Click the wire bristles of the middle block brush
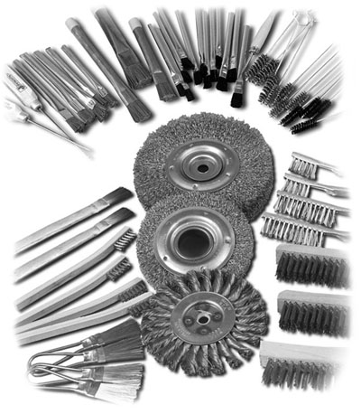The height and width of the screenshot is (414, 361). [311, 313]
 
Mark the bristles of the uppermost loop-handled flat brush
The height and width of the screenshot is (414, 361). [122, 335]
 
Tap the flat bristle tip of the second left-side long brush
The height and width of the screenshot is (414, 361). [121, 217]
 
